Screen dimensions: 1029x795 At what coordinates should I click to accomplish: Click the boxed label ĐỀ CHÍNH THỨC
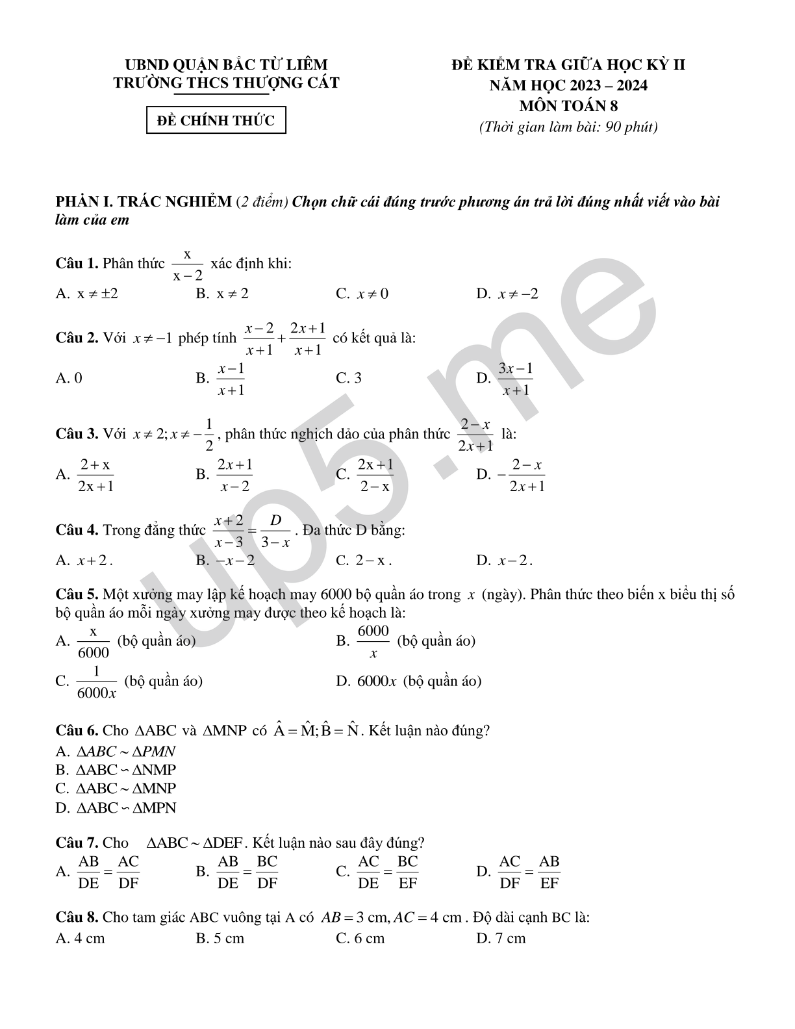coord(216,120)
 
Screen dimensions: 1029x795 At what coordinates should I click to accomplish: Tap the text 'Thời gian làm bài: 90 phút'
coord(568,127)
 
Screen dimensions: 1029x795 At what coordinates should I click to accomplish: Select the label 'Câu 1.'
coord(77,263)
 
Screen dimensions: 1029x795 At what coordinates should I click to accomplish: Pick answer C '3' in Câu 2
coord(349,378)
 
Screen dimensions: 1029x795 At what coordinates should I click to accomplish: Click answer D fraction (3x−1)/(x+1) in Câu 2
coord(515,379)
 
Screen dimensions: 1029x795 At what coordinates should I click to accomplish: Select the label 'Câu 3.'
coord(77,434)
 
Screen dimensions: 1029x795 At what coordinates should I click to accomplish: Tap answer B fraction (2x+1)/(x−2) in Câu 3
coord(234,475)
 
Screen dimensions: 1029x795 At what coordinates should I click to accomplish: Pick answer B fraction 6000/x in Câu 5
coord(373,641)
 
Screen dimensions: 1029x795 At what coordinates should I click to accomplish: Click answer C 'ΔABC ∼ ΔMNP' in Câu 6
coord(126,789)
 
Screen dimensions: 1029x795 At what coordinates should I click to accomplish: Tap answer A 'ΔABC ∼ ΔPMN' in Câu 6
coord(126,752)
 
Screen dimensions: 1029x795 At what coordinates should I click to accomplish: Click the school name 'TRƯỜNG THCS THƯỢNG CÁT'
coord(226,83)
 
